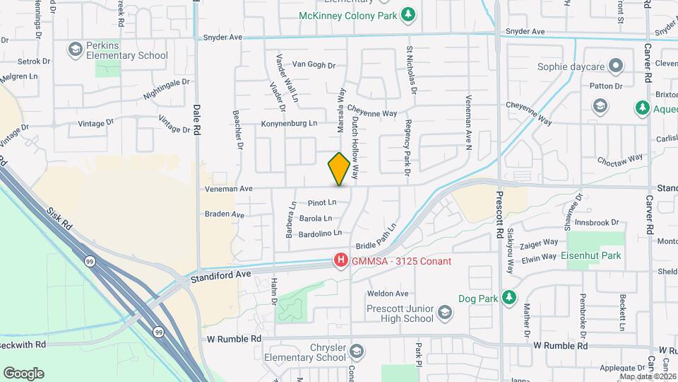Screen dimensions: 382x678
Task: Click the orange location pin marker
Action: [339, 168]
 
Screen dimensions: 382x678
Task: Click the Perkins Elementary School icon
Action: [75, 50]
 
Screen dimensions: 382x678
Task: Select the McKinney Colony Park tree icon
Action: [408, 14]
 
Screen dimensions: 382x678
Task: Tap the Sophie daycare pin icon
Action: [616, 66]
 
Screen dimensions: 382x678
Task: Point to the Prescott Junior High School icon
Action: [445, 312]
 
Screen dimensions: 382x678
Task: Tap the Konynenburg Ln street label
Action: [289, 123]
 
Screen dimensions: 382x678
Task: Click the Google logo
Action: [23, 374]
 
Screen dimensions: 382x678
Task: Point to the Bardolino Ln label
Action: [320, 233]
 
